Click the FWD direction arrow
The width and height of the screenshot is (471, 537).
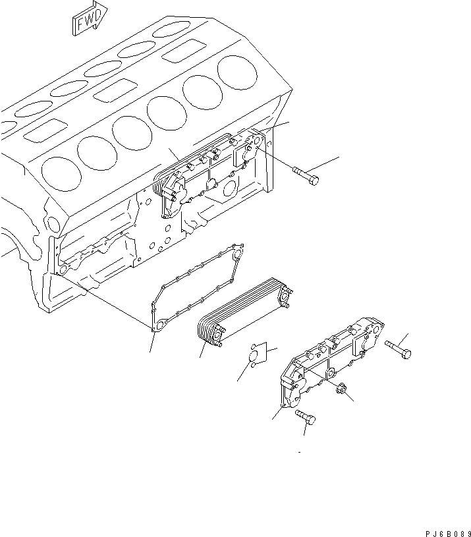click(x=87, y=18)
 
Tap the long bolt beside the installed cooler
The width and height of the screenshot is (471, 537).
click(x=306, y=175)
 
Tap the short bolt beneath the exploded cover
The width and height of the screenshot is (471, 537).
click(x=305, y=417)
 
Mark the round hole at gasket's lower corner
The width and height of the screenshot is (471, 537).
click(x=157, y=325)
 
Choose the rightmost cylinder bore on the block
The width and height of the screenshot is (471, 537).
click(x=237, y=71)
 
